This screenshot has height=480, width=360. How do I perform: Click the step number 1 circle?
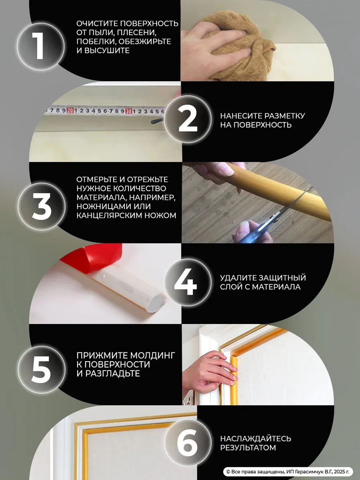(x=40, y=47)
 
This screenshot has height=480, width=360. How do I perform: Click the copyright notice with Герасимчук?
(x=288, y=472)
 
